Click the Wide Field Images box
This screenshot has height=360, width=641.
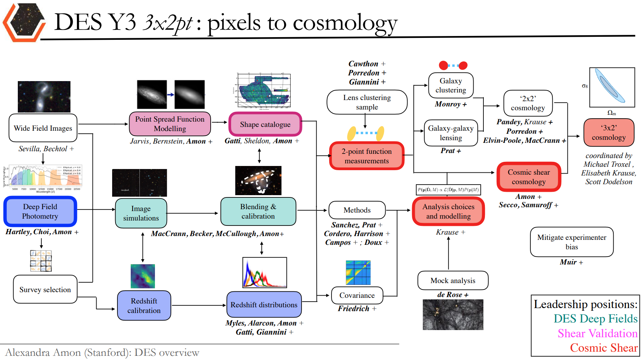[x=43, y=128]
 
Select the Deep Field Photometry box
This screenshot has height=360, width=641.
[x=40, y=211]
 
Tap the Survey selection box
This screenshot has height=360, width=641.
[x=45, y=290]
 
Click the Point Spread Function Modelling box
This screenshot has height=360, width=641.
[x=170, y=124]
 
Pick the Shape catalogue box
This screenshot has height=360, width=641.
[x=265, y=124]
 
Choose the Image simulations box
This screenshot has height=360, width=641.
[x=141, y=213]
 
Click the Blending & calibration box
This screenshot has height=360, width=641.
[x=258, y=211]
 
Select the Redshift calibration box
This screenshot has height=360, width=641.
[x=144, y=305]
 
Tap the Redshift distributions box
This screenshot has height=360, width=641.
[x=264, y=305]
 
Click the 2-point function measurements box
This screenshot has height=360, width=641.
[x=367, y=156]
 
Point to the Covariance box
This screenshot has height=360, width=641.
[x=357, y=295]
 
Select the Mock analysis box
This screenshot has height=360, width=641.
[x=453, y=280]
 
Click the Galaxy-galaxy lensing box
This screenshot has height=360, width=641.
[x=451, y=133]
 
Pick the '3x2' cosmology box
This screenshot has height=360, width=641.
[x=609, y=133]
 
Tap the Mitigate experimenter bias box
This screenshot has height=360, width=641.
[x=572, y=242]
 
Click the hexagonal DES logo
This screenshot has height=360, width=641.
[x=23, y=22]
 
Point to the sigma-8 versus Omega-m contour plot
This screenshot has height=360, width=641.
[x=612, y=87]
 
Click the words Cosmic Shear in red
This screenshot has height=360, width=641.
[x=604, y=348]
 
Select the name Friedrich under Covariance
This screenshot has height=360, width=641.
[x=353, y=309]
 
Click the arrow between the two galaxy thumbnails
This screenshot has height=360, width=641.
[x=171, y=95]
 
